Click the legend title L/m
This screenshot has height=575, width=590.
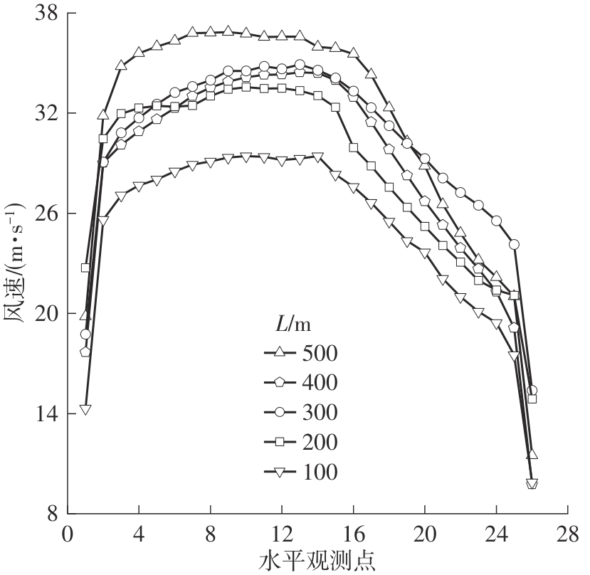click(293, 324)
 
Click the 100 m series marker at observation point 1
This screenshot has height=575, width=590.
click(85, 409)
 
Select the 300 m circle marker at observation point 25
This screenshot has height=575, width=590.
click(514, 244)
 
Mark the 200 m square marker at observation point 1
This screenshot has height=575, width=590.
click(85, 268)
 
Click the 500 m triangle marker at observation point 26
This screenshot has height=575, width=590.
click(532, 454)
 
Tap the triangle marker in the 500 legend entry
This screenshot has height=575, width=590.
click(280, 352)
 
